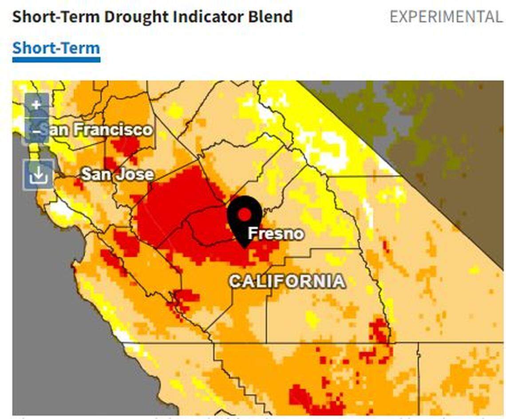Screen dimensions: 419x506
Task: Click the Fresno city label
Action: point(276,233)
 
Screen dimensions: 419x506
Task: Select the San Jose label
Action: point(117,174)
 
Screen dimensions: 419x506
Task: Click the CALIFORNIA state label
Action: point(287,281)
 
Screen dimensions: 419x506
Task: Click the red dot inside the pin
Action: point(244,214)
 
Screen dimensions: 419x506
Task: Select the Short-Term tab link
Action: point(56,48)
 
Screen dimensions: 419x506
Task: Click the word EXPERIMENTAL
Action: point(446,17)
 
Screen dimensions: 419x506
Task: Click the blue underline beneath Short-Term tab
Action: point(56,59)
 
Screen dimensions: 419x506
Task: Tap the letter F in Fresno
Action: point(252,233)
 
